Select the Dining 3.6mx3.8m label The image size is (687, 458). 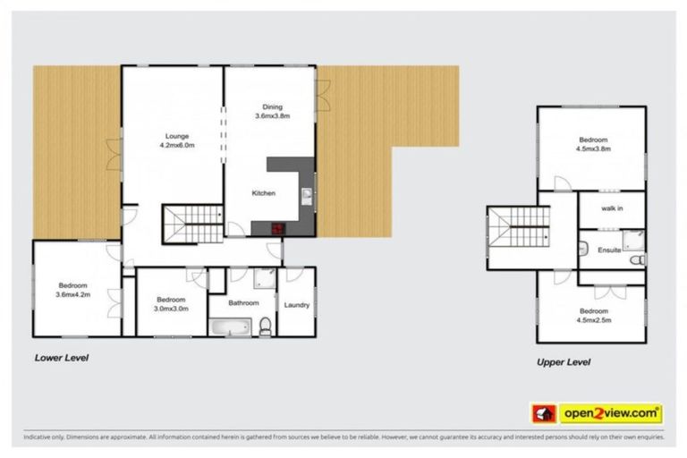point(272,111)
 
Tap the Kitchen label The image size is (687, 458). point(263,193)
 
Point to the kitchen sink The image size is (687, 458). point(306,195)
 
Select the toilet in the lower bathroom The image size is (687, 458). point(266,327)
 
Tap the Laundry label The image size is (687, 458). point(296,305)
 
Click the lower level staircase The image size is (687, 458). point(192,223)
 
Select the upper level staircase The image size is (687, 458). point(518,234)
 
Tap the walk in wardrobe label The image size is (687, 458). point(612,208)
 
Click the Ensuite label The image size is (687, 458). point(609,250)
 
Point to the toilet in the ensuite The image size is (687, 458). point(636,260)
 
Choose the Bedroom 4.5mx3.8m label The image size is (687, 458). point(592,145)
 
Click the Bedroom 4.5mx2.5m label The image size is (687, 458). point(592,316)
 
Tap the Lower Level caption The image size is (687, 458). point(61,358)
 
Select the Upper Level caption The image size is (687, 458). point(563,362)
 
